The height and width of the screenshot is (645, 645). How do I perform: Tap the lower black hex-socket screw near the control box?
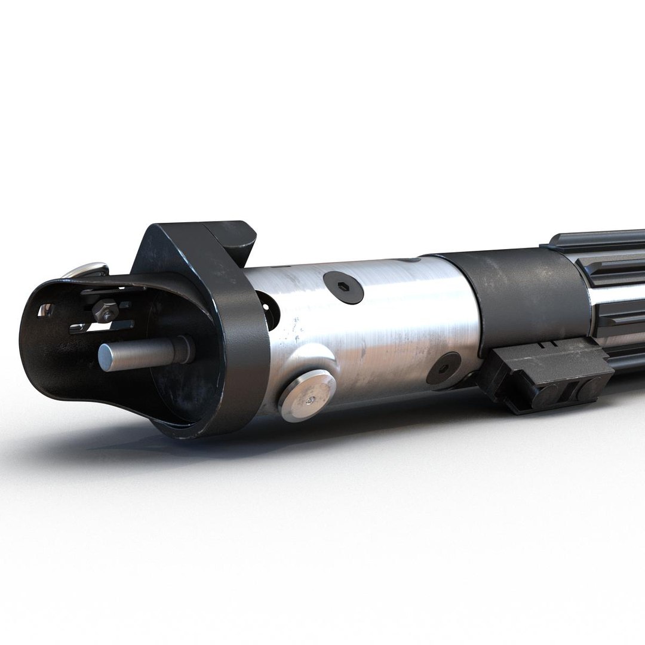pos(443,367)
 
